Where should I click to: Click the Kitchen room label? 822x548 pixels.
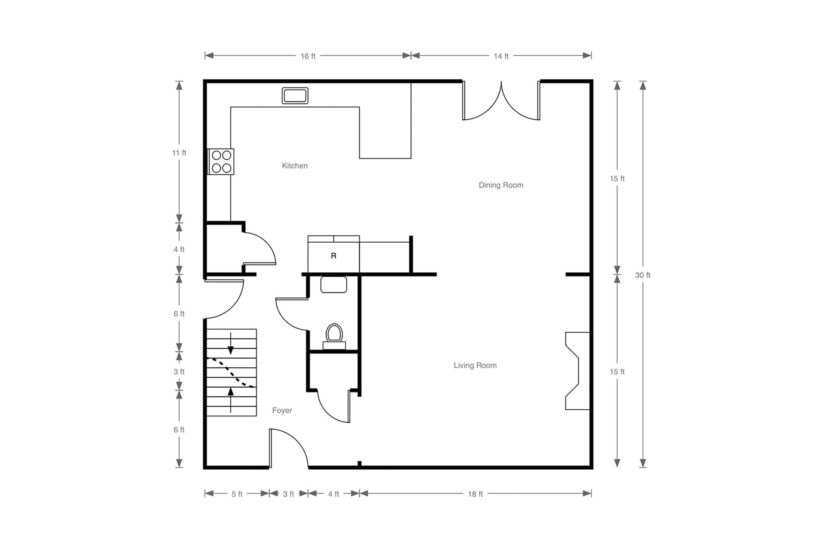tap(295, 166)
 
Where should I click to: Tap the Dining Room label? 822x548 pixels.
tap(501, 185)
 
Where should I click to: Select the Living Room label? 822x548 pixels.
tap(475, 365)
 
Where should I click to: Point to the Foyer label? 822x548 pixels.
tap(282, 410)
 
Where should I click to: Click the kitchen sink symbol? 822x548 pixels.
tap(295, 95)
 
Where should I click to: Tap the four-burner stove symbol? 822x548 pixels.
tap(221, 161)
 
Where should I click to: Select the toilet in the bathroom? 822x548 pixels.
tap(334, 337)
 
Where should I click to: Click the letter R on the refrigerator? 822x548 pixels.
tap(334, 256)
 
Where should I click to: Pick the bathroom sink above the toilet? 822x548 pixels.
tap(334, 285)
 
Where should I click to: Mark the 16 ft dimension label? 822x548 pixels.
tap(308, 56)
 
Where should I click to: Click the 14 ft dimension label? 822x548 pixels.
tap(501, 56)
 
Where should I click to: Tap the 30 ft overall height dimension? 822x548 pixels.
tap(643, 275)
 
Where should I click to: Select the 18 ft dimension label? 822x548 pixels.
tap(475, 494)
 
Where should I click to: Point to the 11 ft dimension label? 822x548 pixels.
tap(179, 153)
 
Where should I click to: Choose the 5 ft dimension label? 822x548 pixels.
tap(237, 494)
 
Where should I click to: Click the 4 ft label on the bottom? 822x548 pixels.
tap(334, 494)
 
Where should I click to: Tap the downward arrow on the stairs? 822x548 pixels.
tap(231, 343)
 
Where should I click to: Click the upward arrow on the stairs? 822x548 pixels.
tap(231, 400)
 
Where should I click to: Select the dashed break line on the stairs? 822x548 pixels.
tap(231, 372)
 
